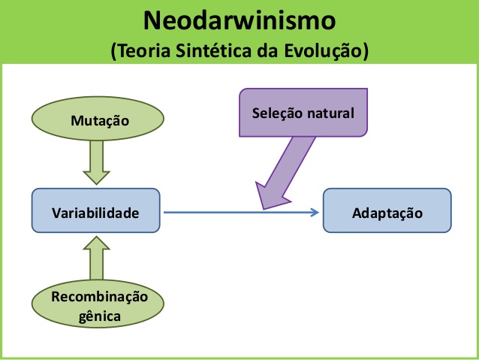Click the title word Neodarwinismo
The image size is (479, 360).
239,20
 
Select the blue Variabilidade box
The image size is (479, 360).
95,213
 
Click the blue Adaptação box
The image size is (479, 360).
387,213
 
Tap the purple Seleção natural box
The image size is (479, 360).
303,113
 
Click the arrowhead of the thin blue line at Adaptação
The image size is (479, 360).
315,213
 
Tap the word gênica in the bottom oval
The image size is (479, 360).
99,316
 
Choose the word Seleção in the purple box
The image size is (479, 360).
277,114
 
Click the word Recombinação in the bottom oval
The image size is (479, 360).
99,298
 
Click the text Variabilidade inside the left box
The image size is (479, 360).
95,213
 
